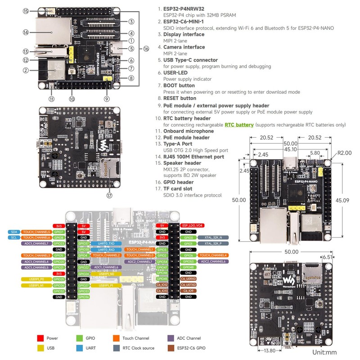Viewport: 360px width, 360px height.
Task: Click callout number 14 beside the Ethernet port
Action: pos(26,32)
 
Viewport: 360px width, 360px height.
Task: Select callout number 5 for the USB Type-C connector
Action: pos(131,49)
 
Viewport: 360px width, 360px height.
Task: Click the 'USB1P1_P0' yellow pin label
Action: pos(35,279)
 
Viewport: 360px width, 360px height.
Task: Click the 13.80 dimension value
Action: pos(269,350)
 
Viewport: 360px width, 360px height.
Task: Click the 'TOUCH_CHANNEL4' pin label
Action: pos(210,255)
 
